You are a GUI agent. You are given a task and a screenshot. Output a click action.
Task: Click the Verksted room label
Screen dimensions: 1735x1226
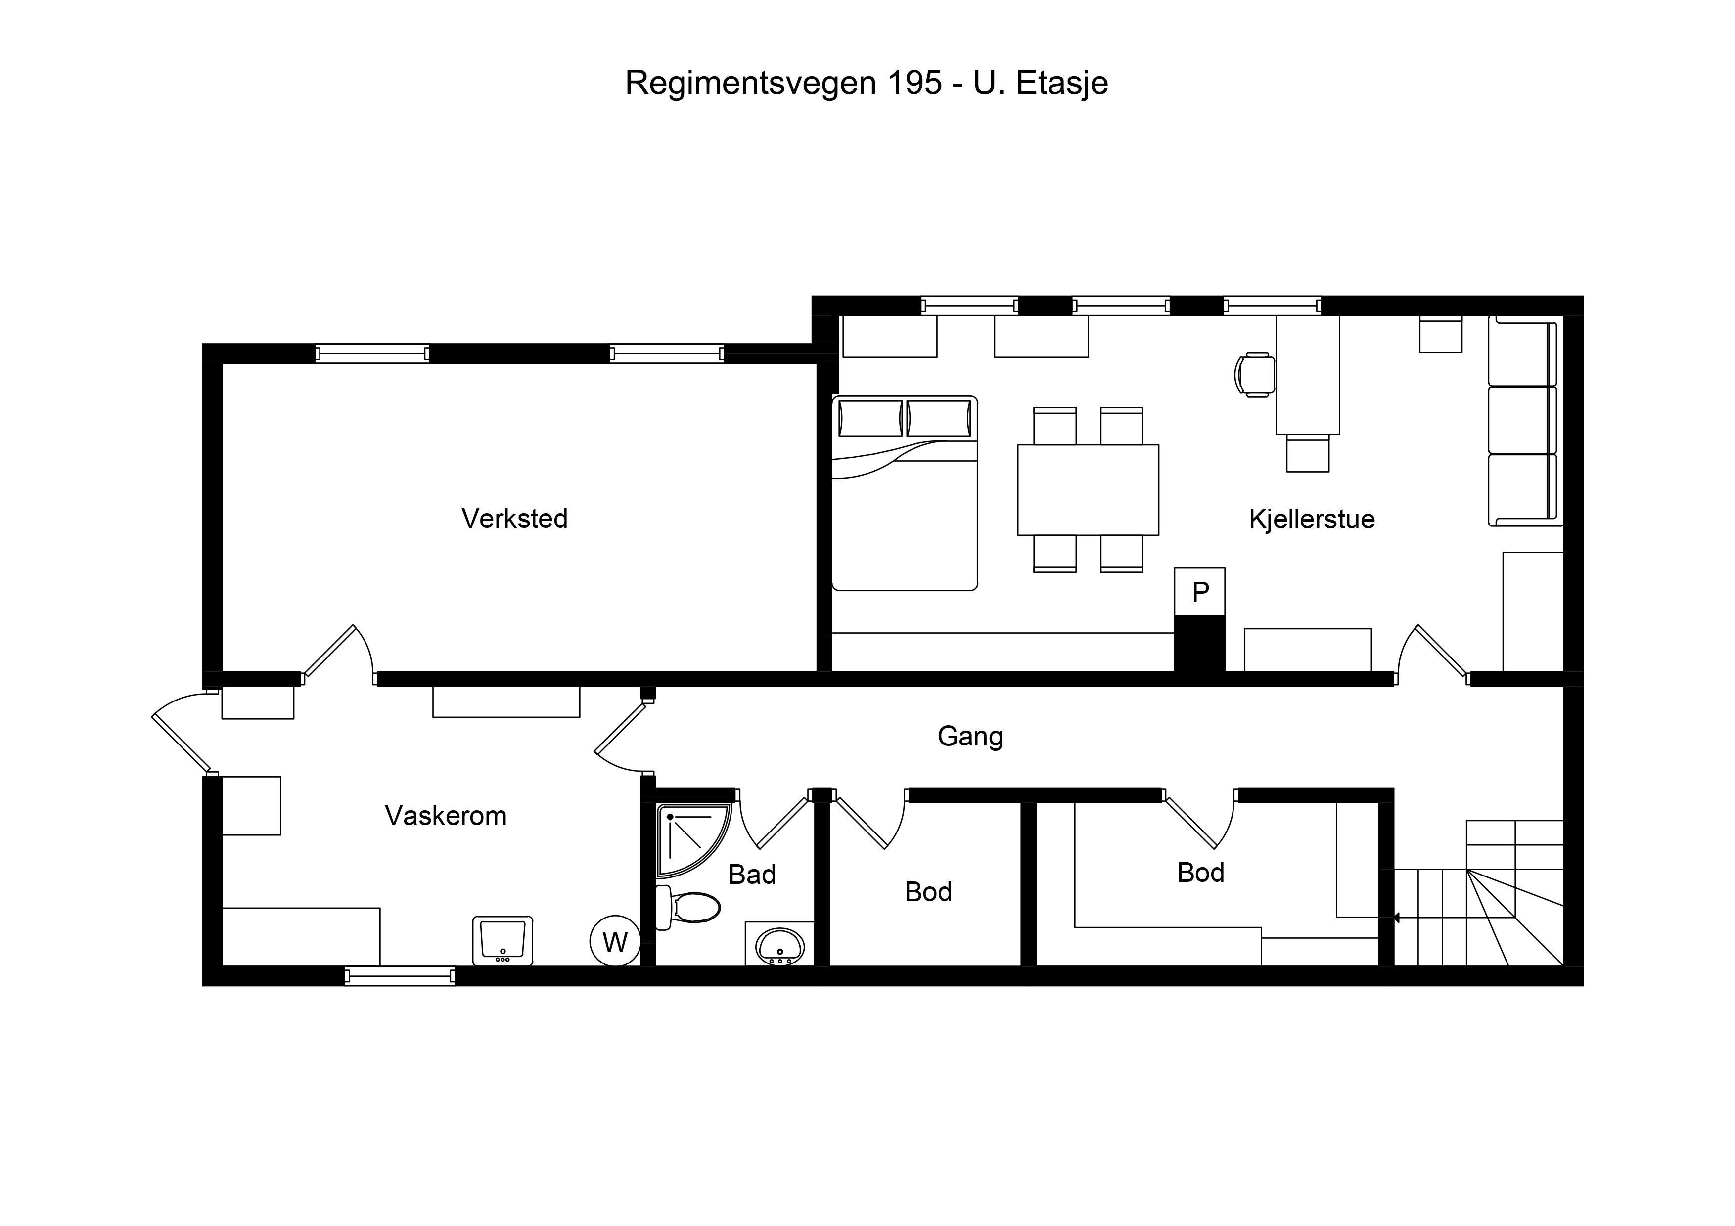coord(514,519)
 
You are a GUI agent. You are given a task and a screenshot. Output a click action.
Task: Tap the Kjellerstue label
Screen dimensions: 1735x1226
coord(1311,520)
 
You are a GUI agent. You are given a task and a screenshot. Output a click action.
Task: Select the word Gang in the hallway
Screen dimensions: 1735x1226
coord(970,737)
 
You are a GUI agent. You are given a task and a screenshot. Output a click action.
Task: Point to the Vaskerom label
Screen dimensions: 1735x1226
coord(446,816)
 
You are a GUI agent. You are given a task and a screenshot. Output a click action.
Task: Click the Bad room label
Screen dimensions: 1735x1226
coord(752,875)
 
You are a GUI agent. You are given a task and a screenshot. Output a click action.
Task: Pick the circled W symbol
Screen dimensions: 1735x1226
coord(615,942)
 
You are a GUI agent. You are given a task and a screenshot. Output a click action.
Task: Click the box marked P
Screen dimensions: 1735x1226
coord(1199,592)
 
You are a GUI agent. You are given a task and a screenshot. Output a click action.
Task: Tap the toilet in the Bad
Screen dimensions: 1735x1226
coord(687,907)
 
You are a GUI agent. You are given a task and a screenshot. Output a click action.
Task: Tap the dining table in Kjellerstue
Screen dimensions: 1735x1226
coord(1088,490)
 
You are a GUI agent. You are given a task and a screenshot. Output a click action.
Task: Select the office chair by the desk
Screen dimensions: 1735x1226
coord(1254,375)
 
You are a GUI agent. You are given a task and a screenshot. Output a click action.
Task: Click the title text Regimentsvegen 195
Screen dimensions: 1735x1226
coord(783,83)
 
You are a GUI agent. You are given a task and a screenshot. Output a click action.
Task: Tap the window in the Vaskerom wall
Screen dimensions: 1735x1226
coord(400,976)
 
